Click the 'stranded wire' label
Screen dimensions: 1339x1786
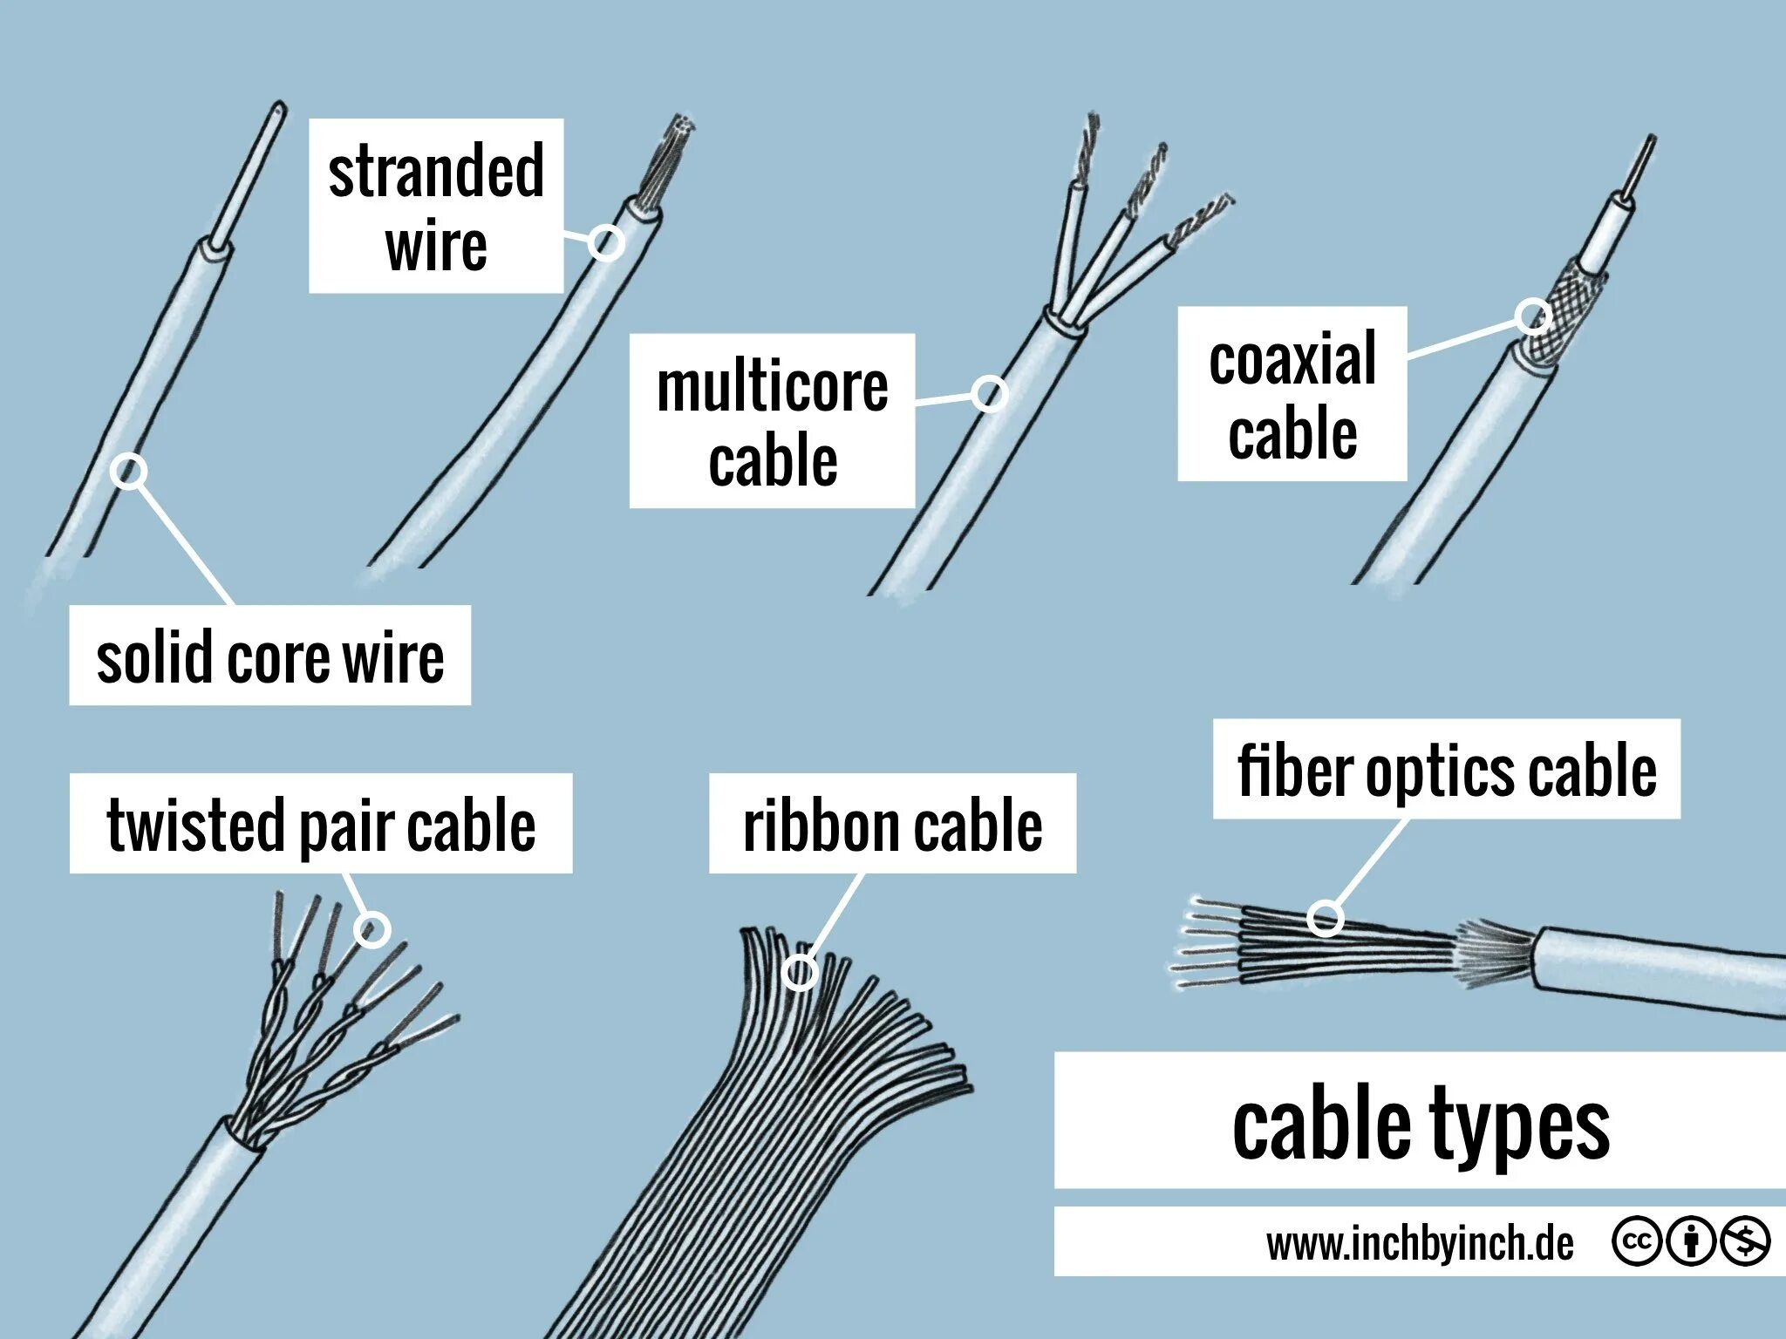436,207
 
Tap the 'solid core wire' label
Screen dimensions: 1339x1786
269,656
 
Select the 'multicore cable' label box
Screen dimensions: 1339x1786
772,421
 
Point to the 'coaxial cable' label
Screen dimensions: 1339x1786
1292,394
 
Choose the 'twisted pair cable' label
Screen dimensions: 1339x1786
320,823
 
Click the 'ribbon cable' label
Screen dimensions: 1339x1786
892,823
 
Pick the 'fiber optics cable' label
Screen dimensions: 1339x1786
1446,769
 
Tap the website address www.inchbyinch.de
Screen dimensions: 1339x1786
1419,1242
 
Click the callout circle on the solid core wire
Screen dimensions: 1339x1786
128,472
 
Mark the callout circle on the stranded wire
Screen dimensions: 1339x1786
605,242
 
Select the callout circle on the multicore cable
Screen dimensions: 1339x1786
989,394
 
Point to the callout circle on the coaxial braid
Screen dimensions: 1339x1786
1532,316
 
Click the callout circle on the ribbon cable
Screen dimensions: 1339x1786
800,972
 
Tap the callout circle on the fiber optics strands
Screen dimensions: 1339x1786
1325,918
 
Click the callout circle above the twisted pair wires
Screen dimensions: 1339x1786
372,929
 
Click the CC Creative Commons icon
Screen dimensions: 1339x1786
1636,1241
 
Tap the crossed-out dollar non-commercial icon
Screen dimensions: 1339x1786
1745,1241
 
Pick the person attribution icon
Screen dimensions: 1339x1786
1691,1241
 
